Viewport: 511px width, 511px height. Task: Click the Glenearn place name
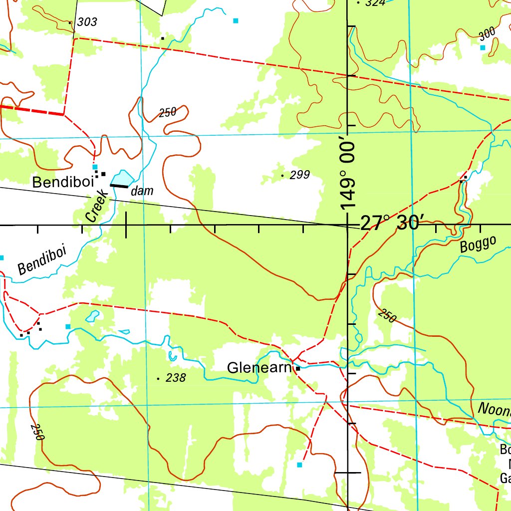pyautogui.click(x=258, y=368)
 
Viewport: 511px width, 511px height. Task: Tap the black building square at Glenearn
pyautogui.click(x=298, y=368)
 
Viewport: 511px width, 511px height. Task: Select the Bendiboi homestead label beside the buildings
pyautogui.click(x=62, y=182)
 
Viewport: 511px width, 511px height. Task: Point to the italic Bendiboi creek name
pyautogui.click(x=42, y=260)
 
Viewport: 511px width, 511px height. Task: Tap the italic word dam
pyautogui.click(x=142, y=191)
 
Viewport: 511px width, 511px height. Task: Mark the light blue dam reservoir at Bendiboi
pyautogui.click(x=122, y=178)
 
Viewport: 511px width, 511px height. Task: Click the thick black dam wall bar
pyautogui.click(x=119, y=186)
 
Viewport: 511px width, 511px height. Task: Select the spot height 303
pyautogui.click(x=87, y=22)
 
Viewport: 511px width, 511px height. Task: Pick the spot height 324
pyautogui.click(x=375, y=3)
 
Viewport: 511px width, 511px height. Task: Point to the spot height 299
pyautogui.click(x=299, y=175)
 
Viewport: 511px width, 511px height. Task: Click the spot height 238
pyautogui.click(x=175, y=378)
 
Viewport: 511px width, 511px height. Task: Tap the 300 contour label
pyautogui.click(x=487, y=33)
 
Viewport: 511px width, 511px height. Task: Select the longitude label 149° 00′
pyautogui.click(x=349, y=175)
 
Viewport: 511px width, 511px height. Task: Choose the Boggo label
pyautogui.click(x=478, y=245)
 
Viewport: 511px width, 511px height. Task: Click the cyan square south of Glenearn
pyautogui.click(x=299, y=465)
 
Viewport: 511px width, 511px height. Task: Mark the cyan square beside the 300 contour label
pyautogui.click(x=483, y=47)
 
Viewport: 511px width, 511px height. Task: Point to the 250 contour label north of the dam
pyautogui.click(x=168, y=112)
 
